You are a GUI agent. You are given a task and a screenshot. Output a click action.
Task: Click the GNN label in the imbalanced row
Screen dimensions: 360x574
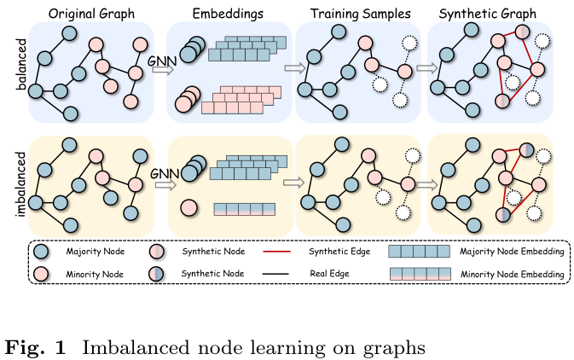click(163, 174)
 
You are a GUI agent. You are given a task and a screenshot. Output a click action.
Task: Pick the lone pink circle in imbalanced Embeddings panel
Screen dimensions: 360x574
click(188, 206)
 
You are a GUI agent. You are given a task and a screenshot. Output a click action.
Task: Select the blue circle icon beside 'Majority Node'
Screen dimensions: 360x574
click(40, 252)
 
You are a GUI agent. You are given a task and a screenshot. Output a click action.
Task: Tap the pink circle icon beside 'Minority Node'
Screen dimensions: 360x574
click(40, 275)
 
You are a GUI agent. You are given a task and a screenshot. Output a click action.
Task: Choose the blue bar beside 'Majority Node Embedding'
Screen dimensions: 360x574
click(418, 252)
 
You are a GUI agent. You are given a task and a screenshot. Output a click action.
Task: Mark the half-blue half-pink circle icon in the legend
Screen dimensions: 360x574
click(157, 275)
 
